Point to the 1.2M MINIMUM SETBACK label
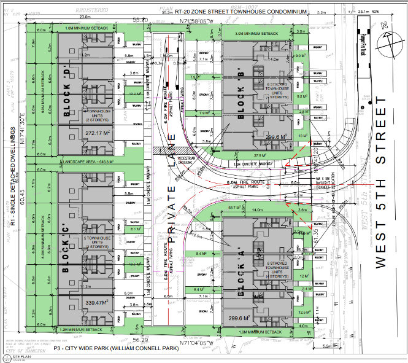pos(83,329)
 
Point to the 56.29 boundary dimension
pos(140,339)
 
